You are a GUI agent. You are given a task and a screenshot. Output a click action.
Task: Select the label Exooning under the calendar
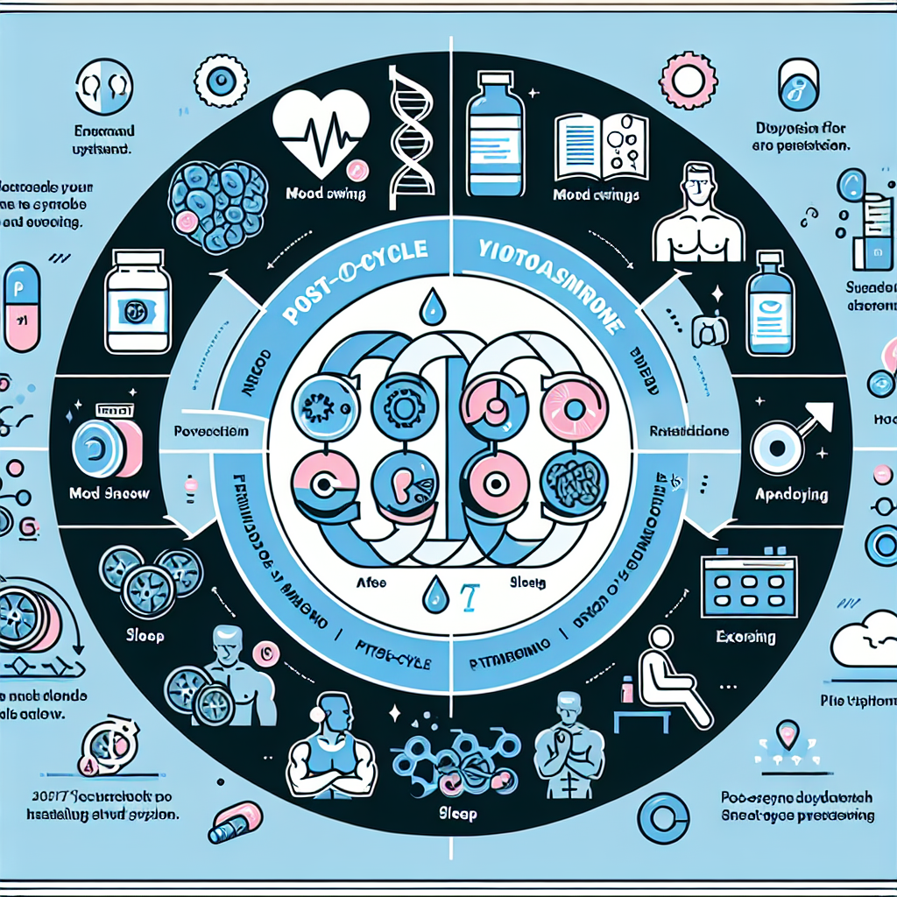745,638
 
